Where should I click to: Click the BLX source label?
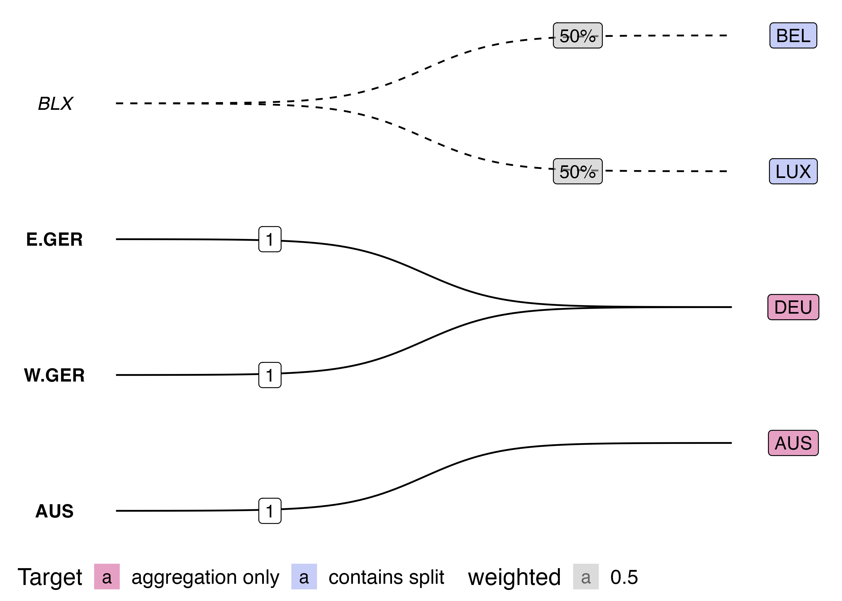click(x=55, y=104)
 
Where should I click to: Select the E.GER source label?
click(x=54, y=239)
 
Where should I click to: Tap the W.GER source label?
click(x=54, y=375)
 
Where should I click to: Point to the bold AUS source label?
click(x=54, y=511)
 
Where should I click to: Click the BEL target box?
click(x=793, y=35)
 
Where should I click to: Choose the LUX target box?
click(x=793, y=171)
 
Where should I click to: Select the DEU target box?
click(x=793, y=307)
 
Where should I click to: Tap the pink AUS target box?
click(x=793, y=443)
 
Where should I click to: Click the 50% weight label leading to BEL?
click(x=578, y=35)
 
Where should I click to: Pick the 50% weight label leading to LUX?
click(x=578, y=171)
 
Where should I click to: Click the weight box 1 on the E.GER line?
click(x=270, y=239)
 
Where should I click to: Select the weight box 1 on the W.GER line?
click(x=270, y=375)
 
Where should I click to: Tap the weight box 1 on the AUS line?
click(x=270, y=511)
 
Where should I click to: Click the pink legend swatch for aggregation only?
click(x=107, y=577)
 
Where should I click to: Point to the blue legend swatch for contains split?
click(x=304, y=577)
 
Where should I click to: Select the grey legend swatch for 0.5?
click(x=586, y=577)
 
